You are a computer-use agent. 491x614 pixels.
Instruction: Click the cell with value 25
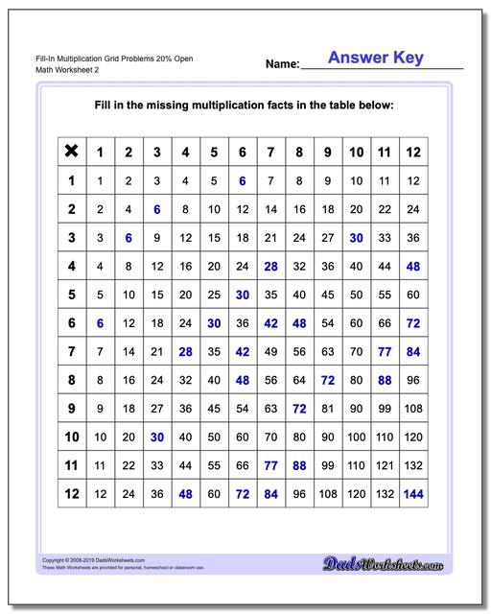(214, 295)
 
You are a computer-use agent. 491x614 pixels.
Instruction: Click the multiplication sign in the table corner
(71, 151)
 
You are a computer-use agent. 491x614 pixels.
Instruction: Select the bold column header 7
(270, 151)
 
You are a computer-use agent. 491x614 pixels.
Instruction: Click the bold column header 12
(413, 151)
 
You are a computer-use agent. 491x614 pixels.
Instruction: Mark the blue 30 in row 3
(356, 237)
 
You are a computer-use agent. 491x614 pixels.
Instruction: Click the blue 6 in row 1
(243, 180)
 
